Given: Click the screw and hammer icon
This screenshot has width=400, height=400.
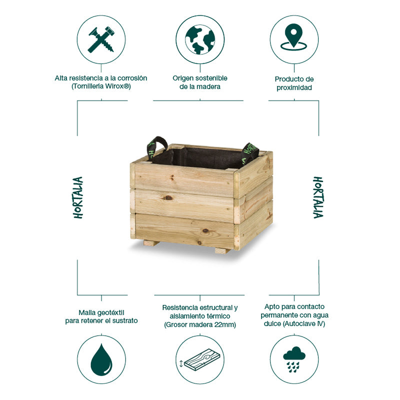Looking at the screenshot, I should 101,40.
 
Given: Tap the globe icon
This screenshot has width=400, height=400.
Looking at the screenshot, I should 200,40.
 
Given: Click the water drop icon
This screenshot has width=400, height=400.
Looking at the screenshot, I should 101,360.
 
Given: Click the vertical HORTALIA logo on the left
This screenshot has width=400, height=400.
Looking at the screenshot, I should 78,197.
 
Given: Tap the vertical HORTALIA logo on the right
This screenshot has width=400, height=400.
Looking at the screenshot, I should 317,197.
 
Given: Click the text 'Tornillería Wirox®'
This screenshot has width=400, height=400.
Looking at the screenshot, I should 101,87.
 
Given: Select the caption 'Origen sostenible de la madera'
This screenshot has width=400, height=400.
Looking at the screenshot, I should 200,83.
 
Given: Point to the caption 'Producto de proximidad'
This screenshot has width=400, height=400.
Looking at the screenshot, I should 294,83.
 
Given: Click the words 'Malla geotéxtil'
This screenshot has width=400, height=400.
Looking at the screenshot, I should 101,311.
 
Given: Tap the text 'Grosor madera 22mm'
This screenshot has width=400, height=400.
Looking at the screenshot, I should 200,325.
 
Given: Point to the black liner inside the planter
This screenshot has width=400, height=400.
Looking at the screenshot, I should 200,158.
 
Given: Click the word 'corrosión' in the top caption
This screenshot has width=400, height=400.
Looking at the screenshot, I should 132,79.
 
